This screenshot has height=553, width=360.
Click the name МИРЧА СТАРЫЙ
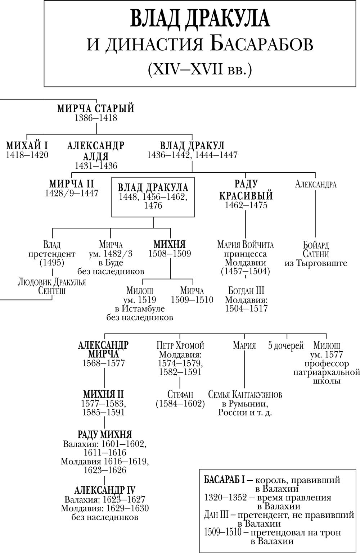(x=96, y=108)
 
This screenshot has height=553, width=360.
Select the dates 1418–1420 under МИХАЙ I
(x=27, y=155)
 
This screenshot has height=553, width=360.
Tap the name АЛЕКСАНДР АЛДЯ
(x=96, y=151)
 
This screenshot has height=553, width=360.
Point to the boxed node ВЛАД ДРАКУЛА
(x=153, y=197)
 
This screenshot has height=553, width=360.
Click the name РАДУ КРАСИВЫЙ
(x=246, y=190)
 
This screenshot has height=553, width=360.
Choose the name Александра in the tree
(x=316, y=185)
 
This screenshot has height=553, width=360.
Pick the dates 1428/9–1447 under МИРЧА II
(x=71, y=193)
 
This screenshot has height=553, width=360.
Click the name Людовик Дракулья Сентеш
(x=52, y=286)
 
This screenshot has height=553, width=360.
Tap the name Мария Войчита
(x=246, y=245)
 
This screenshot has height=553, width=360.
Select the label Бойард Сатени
(x=316, y=249)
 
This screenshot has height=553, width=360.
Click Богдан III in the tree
(x=246, y=291)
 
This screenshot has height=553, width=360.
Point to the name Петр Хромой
(x=180, y=346)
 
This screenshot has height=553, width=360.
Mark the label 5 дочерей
(x=286, y=345)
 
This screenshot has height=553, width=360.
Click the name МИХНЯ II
(x=104, y=394)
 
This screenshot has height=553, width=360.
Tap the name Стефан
(x=180, y=394)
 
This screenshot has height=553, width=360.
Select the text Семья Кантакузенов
(x=245, y=395)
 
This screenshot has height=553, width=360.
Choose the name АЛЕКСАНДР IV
(x=105, y=490)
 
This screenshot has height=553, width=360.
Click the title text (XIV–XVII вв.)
(x=200, y=68)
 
